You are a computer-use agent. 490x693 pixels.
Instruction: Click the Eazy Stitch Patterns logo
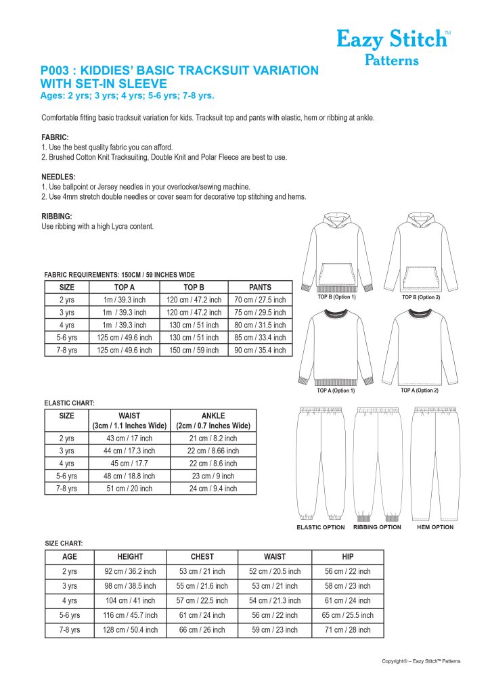tap(393, 47)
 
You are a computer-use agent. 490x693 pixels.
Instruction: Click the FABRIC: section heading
tap(55, 137)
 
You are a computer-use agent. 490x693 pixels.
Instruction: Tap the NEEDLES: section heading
tap(58, 176)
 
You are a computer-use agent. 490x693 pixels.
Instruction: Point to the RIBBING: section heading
tap(57, 216)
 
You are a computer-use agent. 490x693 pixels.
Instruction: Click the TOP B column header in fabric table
tap(194, 287)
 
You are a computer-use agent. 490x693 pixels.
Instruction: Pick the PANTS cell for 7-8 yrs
tap(260, 350)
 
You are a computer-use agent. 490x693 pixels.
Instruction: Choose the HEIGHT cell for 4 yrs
tap(130, 600)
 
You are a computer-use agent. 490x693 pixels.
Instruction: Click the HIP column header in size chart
tap(347, 556)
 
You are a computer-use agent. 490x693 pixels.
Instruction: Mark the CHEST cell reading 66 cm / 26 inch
tap(202, 629)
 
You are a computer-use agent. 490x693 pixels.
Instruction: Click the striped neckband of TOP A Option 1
tap(336, 313)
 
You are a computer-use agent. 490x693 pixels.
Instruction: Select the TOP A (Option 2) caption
tap(420, 390)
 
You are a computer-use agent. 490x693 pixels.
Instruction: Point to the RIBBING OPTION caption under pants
tap(377, 527)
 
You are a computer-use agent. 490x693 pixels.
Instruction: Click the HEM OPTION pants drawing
tap(435, 460)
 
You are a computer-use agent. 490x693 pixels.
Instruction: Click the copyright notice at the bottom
tap(420, 661)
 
